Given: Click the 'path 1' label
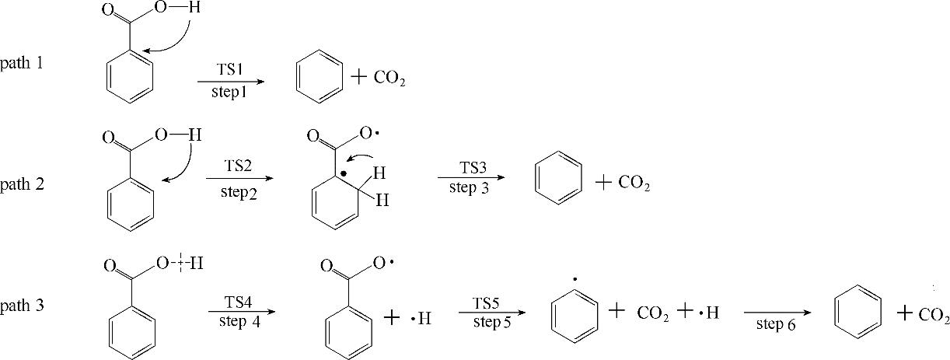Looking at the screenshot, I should pos(22,63).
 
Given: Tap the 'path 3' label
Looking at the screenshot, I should pos(22,305).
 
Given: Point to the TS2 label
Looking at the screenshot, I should pos(238,167).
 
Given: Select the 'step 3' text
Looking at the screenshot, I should pos(469,188).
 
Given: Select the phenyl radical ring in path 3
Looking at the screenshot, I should pos(574,316).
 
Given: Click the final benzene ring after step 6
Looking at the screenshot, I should pos(857,315).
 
